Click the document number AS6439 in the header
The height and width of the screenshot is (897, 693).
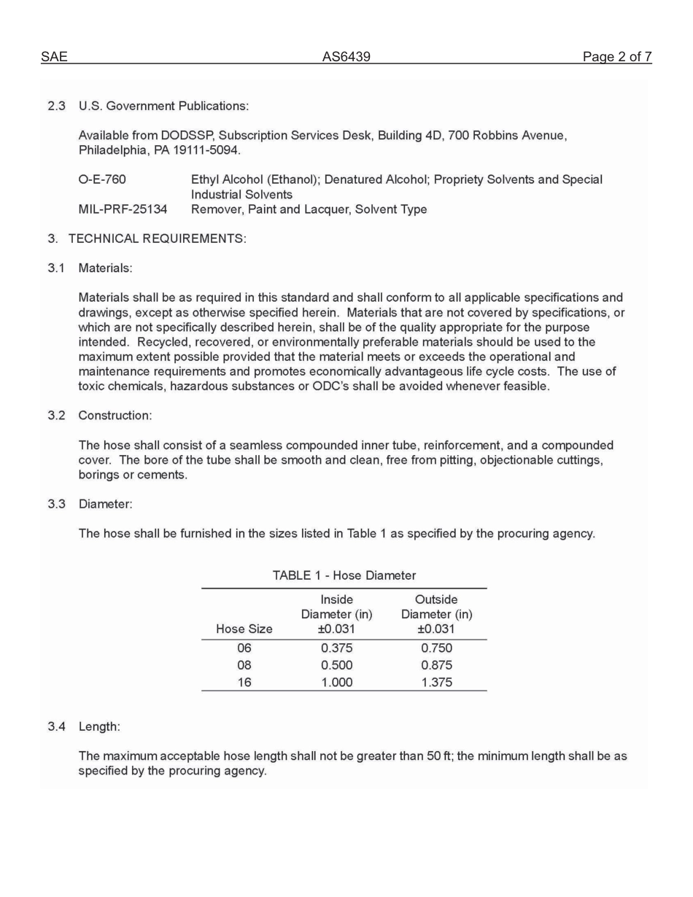[346, 57]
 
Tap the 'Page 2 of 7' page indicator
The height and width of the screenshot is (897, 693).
[616, 57]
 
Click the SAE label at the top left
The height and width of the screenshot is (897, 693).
[54, 57]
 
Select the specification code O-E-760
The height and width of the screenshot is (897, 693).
[102, 179]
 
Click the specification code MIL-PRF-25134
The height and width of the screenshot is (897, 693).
[123, 209]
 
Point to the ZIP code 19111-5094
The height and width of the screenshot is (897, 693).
[206, 150]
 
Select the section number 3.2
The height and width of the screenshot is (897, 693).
[57, 416]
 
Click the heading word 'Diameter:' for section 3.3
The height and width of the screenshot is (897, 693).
[105, 504]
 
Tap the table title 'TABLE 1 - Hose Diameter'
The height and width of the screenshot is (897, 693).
[344, 575]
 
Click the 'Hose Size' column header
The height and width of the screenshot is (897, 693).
[244, 629]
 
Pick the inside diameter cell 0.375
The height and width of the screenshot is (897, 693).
[336, 648]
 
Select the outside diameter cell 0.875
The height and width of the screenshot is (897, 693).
[436, 665]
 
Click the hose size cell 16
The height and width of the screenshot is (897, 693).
[244, 683]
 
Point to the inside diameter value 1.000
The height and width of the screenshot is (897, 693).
[336, 683]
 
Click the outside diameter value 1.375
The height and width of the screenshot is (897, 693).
[436, 683]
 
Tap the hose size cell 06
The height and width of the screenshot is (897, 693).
[244, 648]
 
